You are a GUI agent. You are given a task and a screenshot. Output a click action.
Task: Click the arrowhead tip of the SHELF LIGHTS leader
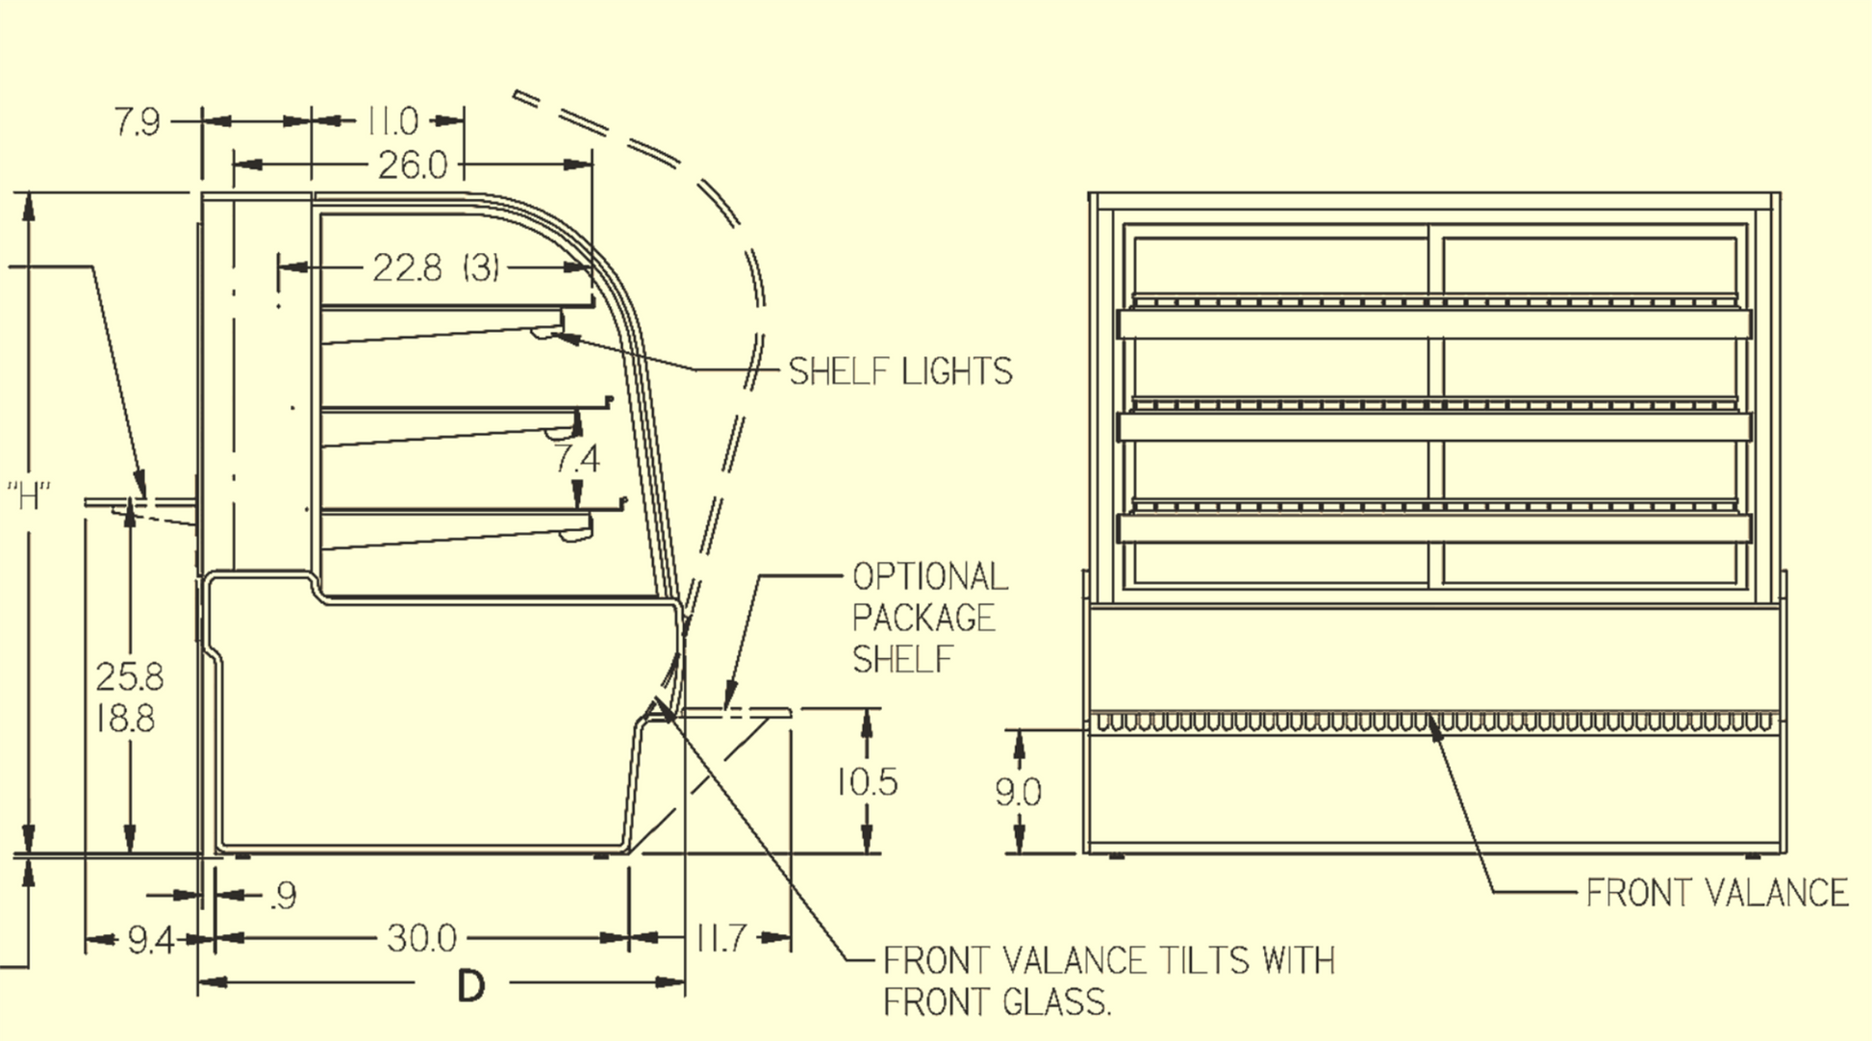click(554, 335)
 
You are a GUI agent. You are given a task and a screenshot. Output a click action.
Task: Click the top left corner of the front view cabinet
click(1090, 193)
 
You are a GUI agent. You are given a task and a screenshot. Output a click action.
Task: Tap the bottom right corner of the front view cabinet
click(1785, 852)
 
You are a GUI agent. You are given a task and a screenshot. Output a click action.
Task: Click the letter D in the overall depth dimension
click(470, 985)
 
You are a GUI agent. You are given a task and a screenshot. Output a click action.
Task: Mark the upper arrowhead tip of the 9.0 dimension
click(1020, 730)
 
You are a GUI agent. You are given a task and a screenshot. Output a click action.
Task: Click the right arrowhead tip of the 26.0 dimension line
click(593, 165)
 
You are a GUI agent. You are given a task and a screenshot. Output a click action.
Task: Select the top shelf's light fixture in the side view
click(546, 333)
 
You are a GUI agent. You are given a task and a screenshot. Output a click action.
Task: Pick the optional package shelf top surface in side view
click(735, 713)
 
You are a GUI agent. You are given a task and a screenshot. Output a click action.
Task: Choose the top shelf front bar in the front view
click(1433, 324)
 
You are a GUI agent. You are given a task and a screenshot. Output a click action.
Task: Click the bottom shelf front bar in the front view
click(1433, 528)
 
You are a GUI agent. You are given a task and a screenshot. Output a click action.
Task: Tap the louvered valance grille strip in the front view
click(1433, 722)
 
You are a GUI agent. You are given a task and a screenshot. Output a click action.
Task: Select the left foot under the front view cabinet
click(1116, 856)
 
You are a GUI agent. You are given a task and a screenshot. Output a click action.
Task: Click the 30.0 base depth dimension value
click(421, 938)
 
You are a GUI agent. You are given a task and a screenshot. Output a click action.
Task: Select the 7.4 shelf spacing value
click(576, 459)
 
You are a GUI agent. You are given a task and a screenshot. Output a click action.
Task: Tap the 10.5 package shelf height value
click(867, 782)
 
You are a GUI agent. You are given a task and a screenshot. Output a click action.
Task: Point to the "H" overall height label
click(29, 497)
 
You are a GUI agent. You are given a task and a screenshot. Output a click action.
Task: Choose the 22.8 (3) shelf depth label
click(436, 267)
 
